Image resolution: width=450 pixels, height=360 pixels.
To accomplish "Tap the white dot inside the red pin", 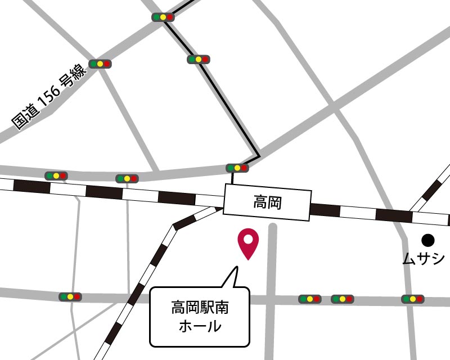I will [247, 238].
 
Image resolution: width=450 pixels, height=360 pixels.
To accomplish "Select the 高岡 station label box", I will [267, 201].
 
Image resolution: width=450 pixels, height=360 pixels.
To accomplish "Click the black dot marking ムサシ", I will [428, 240].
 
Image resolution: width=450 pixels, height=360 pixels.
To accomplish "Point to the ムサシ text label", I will [423, 259].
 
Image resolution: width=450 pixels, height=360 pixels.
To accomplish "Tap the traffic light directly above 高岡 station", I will [237, 168].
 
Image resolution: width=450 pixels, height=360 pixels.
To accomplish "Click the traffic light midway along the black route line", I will [198, 59].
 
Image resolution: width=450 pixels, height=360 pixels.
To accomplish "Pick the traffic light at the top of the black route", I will [163, 17].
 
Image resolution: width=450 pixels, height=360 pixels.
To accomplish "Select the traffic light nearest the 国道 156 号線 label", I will [100, 64].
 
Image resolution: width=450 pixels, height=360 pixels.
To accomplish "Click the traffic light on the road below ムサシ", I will [412, 299].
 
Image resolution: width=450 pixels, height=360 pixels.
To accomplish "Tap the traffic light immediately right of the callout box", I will [309, 299].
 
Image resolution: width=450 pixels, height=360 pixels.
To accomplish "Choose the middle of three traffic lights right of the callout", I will [342, 299].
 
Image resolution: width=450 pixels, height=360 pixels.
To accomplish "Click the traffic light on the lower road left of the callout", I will [70, 296].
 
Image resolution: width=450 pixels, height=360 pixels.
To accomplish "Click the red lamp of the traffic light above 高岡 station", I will [244, 168].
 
